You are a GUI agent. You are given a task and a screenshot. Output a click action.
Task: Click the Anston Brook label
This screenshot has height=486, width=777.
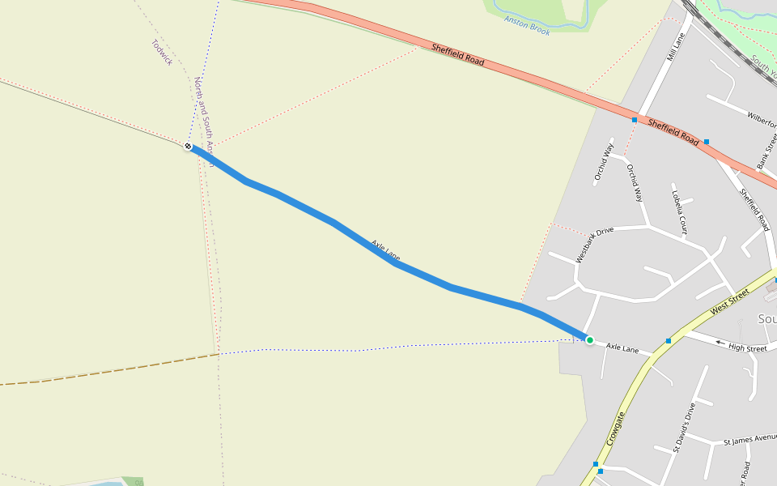coord(527,24)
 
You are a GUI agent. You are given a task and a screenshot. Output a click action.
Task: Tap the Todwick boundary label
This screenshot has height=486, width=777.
coord(162,53)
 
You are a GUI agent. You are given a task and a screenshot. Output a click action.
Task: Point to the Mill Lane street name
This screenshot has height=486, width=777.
coord(674,48)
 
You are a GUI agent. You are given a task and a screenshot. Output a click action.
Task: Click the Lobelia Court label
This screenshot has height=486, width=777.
coord(679,209)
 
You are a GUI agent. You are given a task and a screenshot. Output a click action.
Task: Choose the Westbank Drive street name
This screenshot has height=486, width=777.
coord(594,244)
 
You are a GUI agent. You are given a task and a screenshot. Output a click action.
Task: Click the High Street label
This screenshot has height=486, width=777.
coord(747,348)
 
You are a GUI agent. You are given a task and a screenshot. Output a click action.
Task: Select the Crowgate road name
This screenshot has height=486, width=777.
coord(615,430)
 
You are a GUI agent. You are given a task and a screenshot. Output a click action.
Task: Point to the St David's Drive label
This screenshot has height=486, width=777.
coord(684,426)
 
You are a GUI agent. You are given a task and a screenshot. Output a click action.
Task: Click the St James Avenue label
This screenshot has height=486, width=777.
coord(749,440)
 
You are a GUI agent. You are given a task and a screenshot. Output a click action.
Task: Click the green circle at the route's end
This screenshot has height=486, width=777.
coord(590,340)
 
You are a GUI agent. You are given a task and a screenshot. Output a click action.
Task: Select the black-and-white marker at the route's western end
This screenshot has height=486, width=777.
coord(188,147)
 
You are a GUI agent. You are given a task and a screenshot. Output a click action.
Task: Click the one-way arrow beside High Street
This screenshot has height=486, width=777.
coord(720,343)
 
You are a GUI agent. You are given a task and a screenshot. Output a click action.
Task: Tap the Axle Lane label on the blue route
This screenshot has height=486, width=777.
coord(385,250)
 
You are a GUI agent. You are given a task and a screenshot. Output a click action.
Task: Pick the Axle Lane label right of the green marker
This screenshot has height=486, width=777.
coord(622,348)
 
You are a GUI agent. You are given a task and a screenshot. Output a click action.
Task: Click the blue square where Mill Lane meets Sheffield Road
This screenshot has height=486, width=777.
coord(635,120)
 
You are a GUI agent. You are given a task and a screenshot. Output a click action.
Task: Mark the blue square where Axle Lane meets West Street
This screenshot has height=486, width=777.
coord(669,340)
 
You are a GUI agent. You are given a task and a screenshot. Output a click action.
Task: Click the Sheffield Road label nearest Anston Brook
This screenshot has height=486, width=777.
coord(458,54)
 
